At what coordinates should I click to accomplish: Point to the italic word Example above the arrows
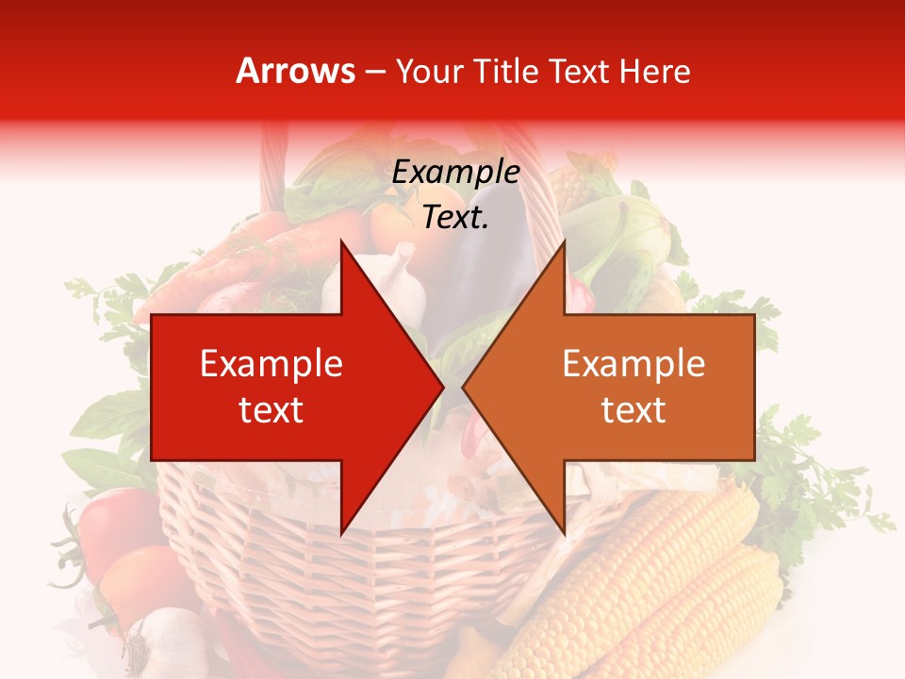pos(455,172)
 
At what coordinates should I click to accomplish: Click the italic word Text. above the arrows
pos(455,218)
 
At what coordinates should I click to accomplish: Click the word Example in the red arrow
pos(271,364)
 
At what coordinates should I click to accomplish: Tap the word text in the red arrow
pos(271,410)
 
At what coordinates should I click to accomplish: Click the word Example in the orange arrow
pos(633,364)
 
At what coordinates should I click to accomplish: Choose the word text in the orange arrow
pos(633,410)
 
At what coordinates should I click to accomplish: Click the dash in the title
pos(374,72)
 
